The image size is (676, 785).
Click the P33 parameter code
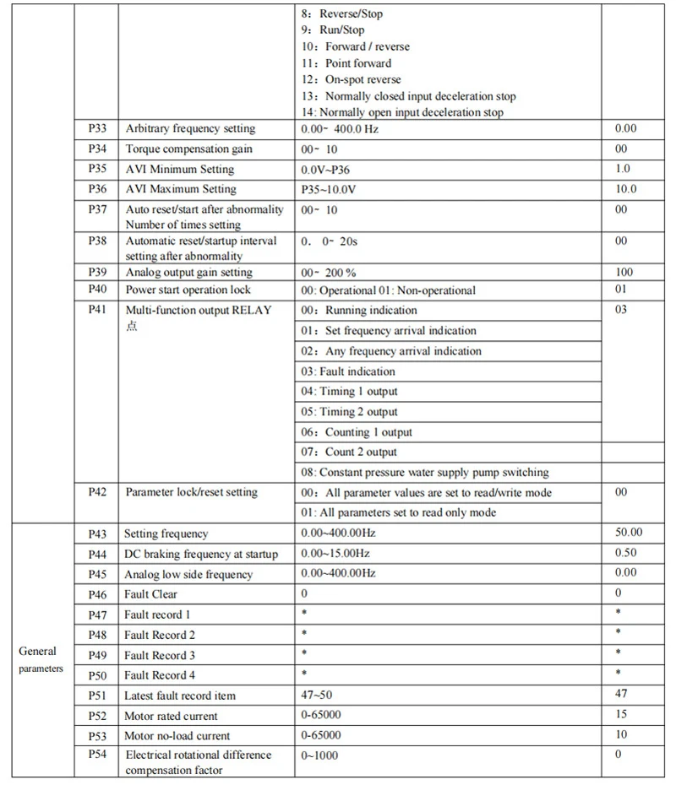pos(97,129)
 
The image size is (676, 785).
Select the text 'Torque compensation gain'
pos(189,149)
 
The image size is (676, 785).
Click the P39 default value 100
pos(624,273)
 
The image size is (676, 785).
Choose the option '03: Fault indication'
pos(348,371)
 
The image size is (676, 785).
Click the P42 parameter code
pos(97,492)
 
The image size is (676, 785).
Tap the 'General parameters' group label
pos(38,659)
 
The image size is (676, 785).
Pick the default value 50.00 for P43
pos(629,533)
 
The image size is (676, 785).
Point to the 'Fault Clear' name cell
pos(151,594)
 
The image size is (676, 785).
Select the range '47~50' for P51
pos(318,696)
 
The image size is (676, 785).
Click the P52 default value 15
pos(622,716)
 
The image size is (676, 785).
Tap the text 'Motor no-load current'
pos(177,736)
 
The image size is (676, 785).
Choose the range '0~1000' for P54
pos(319,755)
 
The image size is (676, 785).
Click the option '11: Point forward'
pos(346,63)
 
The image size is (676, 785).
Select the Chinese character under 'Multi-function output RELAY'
pos(131,327)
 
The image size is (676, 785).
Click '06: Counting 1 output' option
pos(357,432)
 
